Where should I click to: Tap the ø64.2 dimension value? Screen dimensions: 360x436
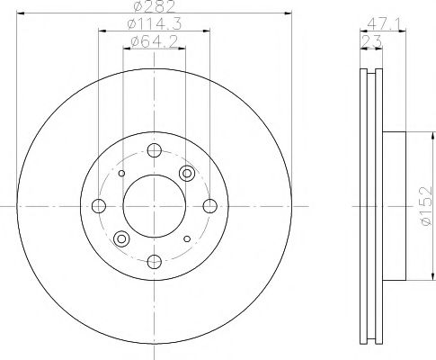tap(153, 41)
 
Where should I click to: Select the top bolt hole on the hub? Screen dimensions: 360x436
tap(153, 150)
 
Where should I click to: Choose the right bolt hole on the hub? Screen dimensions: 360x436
tap(209, 205)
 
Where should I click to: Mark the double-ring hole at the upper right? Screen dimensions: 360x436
tap(187, 173)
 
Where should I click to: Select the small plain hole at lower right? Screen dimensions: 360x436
tap(186, 238)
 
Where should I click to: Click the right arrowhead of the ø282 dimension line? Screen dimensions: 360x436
tap(289, 14)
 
